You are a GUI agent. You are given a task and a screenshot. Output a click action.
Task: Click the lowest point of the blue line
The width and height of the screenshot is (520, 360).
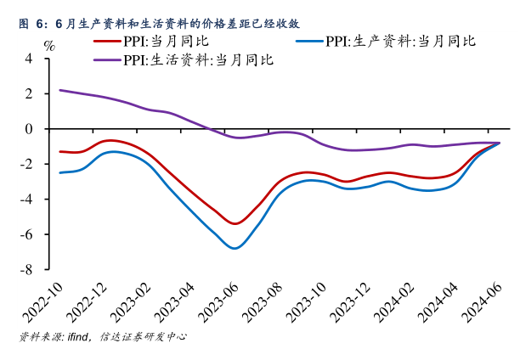click(x=235, y=248)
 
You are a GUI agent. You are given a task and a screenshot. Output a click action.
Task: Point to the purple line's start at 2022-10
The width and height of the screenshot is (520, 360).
click(x=59, y=90)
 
